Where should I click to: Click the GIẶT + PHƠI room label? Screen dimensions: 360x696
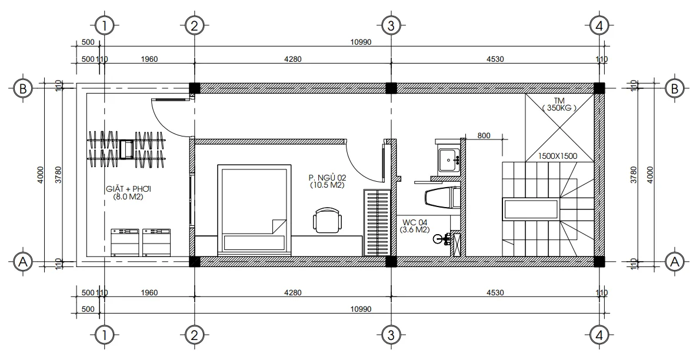click(x=129, y=189)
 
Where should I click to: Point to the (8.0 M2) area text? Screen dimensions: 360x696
click(x=128, y=197)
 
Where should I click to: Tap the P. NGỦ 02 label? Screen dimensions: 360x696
click(x=327, y=177)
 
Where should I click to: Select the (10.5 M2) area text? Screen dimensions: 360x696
click(x=327, y=185)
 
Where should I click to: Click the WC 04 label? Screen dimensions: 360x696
click(x=414, y=222)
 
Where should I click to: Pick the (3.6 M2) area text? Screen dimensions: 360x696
click(x=415, y=230)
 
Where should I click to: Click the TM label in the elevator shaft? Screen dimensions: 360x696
click(x=558, y=101)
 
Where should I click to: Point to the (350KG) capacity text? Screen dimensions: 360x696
click(x=558, y=108)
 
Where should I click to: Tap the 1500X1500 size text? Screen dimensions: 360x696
click(x=558, y=156)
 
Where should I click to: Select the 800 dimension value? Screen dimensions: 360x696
click(x=484, y=136)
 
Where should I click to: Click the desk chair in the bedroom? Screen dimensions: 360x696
click(x=327, y=220)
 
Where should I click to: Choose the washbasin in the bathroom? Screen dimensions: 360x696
click(x=448, y=159)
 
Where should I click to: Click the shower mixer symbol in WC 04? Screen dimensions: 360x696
click(x=440, y=239)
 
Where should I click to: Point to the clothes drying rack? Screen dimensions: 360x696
click(x=126, y=147)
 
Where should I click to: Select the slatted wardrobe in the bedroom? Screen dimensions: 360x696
click(x=377, y=222)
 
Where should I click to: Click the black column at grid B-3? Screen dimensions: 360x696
click(x=391, y=88)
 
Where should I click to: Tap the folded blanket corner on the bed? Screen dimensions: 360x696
click(x=278, y=226)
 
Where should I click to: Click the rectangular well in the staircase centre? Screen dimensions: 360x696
click(x=530, y=209)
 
